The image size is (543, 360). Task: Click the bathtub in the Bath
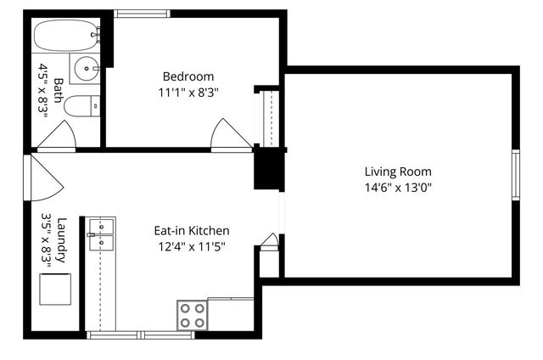point(66,37)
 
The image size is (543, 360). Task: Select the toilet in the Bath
point(81,105)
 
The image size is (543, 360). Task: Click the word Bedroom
point(188,76)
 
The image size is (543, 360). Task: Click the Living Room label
point(398,172)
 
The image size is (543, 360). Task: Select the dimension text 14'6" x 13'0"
point(398,188)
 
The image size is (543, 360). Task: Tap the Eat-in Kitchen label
point(191,230)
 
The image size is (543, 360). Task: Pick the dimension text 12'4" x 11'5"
point(191,246)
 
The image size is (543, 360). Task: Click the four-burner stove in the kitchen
point(193,315)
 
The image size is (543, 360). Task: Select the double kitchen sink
point(101,234)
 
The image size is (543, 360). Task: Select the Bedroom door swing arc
point(231,134)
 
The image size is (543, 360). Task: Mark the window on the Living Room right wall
point(515,175)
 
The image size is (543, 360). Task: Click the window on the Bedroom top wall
point(142,14)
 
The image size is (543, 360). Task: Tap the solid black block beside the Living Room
point(267,168)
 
